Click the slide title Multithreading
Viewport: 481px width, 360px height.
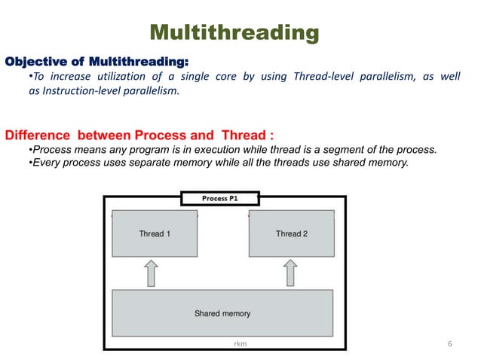[x=234, y=32]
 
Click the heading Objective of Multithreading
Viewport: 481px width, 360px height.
[x=97, y=60]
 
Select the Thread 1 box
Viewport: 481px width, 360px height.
[x=155, y=233]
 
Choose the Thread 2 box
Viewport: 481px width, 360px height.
[x=291, y=233]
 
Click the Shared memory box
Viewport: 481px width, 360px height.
[x=222, y=313]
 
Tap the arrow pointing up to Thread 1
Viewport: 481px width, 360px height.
[x=151, y=273]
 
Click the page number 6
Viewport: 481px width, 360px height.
[x=449, y=343]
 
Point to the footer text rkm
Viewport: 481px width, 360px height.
[x=240, y=343]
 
